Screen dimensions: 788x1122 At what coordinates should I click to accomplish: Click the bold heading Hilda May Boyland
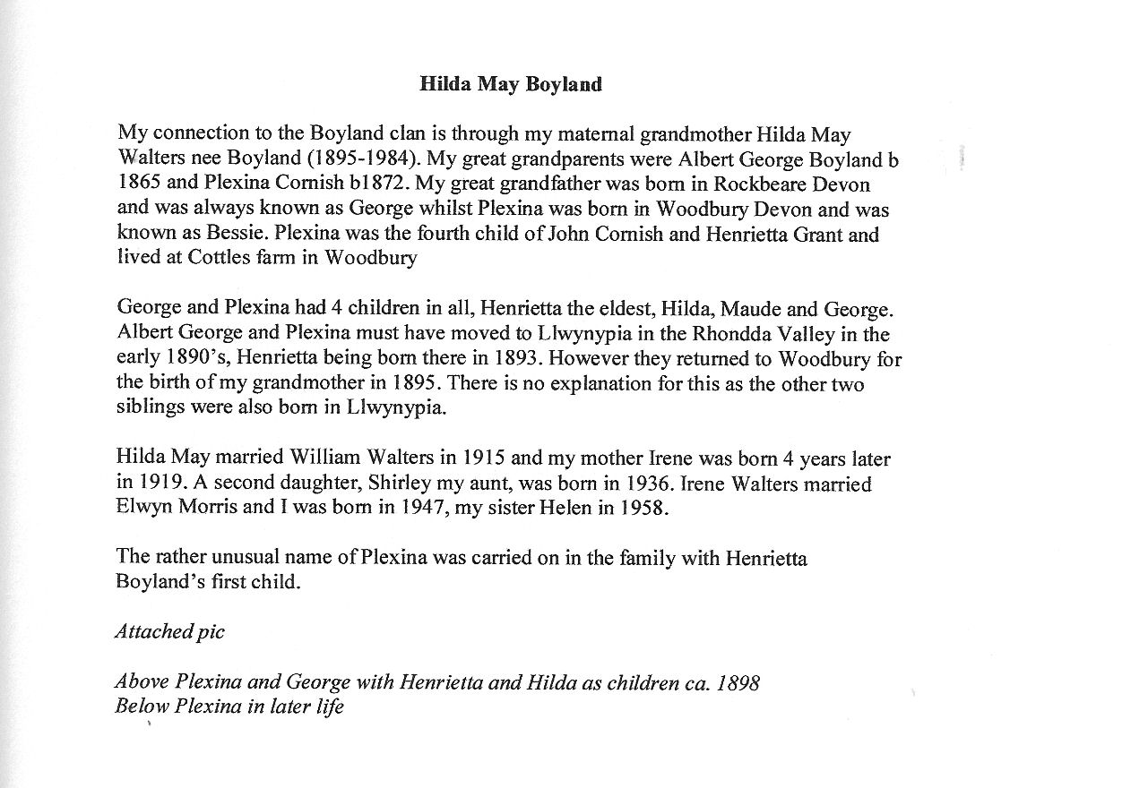click(511, 85)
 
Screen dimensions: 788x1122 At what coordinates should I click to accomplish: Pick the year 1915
click(484, 459)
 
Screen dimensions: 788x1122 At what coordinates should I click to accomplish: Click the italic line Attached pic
click(170, 632)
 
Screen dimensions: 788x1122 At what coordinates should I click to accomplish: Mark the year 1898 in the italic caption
click(736, 682)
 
